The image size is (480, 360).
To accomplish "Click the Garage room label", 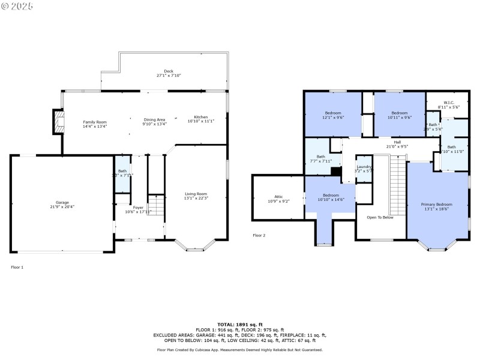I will point(61,203).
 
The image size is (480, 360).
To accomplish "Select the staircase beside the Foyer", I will point(155,208).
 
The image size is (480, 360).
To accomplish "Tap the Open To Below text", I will point(380,217).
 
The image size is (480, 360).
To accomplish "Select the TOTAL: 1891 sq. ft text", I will point(239,325).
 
